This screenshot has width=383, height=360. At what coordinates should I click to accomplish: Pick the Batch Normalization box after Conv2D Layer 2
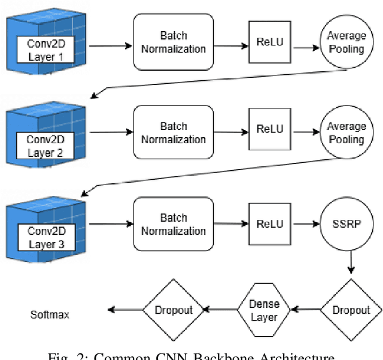(174, 133)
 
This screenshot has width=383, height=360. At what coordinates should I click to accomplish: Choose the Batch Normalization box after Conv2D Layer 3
(174, 225)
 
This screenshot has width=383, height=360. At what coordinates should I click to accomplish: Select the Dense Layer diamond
(264, 310)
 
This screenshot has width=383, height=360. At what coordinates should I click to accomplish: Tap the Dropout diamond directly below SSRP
(351, 310)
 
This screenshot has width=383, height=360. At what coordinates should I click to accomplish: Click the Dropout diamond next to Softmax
(174, 310)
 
